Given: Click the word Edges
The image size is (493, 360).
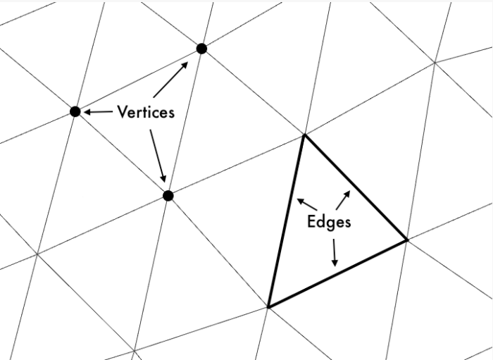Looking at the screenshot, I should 329,221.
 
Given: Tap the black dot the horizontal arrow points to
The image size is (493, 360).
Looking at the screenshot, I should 75,111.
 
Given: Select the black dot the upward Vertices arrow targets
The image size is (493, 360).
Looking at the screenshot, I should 201,49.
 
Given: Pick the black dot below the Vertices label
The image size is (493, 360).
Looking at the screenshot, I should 168,196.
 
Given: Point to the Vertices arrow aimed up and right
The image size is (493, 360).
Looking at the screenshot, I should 170,79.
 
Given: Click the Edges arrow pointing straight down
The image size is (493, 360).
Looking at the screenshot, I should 335,252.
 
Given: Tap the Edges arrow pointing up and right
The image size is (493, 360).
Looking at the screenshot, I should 343,199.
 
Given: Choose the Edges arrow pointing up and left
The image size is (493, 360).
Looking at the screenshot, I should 306,204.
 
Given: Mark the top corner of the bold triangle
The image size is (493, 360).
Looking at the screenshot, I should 304,135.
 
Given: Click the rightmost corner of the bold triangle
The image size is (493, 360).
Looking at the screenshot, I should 406,240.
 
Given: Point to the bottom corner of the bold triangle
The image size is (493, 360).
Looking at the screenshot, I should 268,306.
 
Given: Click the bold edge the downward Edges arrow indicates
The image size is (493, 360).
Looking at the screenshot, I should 337,273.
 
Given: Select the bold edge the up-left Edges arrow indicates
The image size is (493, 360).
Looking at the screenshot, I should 286,220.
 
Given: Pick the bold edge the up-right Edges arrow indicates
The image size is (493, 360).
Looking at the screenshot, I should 354,187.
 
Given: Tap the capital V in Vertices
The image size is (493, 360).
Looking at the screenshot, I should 123,111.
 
